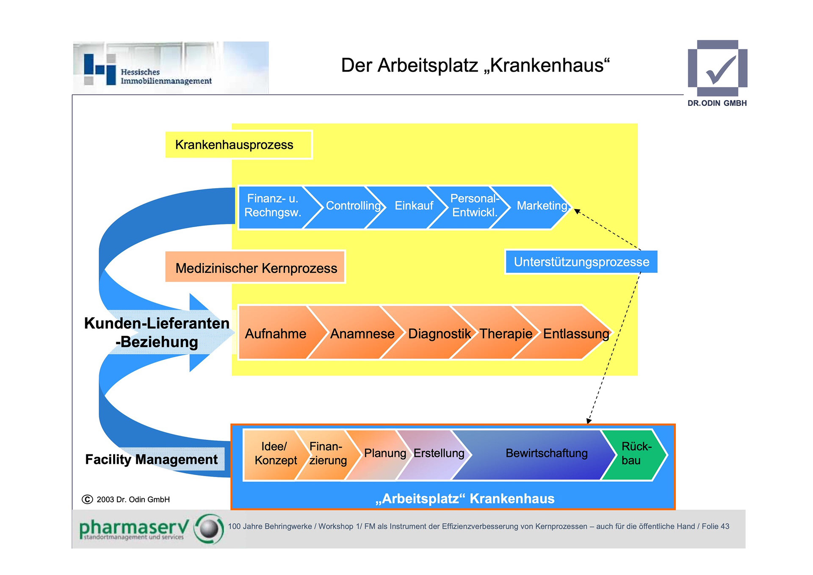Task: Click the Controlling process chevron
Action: (352, 206)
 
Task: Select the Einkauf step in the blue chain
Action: (414, 206)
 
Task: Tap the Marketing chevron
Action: (541, 206)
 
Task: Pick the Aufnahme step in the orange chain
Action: (275, 334)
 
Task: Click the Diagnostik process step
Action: (439, 334)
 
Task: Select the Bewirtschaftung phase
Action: (546, 454)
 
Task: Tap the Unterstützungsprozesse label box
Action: (581, 262)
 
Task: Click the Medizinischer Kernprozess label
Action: (256, 268)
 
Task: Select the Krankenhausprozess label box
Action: (238, 145)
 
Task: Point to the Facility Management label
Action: (151, 460)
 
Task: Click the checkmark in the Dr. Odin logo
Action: (720, 70)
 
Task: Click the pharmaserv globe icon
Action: (209, 529)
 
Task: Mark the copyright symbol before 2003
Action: (87, 500)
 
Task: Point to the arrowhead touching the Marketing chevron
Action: (577, 211)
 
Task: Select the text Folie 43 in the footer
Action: (715, 527)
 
